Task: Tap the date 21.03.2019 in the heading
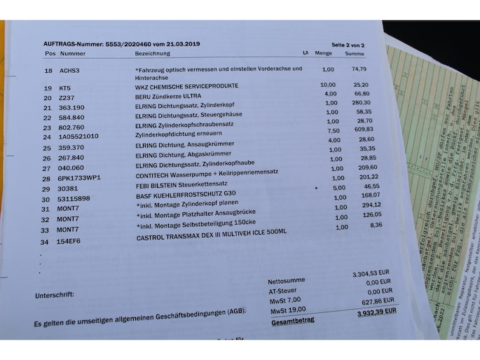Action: pos(184,44)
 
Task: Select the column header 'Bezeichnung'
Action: pos(152,53)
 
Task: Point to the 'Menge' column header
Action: pos(323,53)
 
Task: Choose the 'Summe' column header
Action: pos(355,54)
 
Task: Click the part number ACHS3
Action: pos(70,71)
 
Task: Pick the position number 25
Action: pos(47,148)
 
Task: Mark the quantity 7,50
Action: pos(334,130)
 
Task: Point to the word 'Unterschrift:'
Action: pos(54,296)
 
